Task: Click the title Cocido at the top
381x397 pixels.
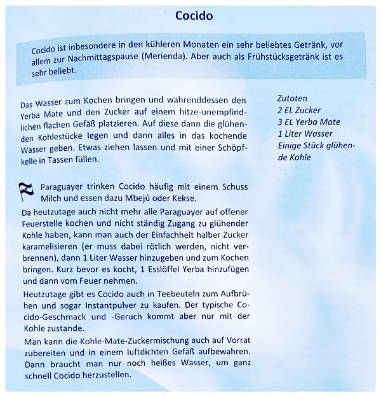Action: tap(194, 15)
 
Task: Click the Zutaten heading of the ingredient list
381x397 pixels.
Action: tap(292, 99)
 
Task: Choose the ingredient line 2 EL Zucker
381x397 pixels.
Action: tap(299, 110)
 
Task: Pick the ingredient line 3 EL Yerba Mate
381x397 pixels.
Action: tap(309, 122)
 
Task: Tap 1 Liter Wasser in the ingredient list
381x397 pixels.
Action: tap(305, 134)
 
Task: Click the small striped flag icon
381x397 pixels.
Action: tap(26, 189)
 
